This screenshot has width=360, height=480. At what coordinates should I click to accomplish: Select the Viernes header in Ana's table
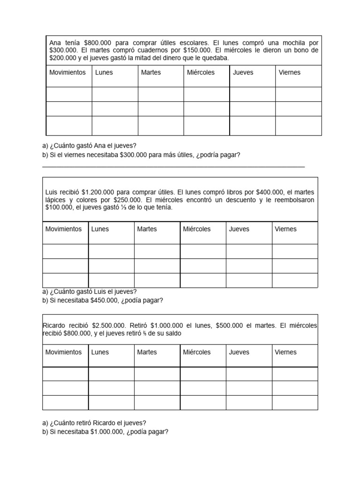pyautogui.click(x=289, y=72)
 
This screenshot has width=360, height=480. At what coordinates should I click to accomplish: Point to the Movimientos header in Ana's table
pyautogui.click(x=67, y=72)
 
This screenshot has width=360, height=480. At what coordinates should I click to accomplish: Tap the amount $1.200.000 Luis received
pyautogui.click(x=97, y=192)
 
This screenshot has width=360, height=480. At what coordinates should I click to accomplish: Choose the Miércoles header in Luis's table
pyautogui.click(x=197, y=229)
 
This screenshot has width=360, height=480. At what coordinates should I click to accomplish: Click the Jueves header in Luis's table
pyautogui.click(x=239, y=229)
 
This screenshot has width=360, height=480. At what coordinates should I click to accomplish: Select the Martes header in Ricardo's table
pyautogui.click(x=147, y=352)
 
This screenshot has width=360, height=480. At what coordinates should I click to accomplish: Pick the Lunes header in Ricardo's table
pyautogui.click(x=100, y=352)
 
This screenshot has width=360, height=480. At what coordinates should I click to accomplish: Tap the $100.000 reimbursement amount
pyautogui.click(x=60, y=207)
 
